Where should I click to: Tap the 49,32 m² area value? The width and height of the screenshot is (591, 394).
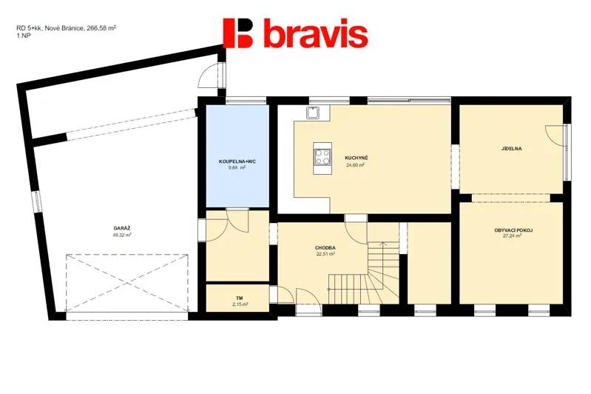pos(122,235)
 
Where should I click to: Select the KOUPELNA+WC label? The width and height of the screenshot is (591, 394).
pos(237,161)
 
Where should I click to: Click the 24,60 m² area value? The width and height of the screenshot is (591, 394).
pos(356,164)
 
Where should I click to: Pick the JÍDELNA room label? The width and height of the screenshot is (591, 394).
pos(511,149)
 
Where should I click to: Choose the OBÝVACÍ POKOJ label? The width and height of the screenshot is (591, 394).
pos(513,230)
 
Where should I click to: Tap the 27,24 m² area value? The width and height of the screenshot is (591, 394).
pos(513,236)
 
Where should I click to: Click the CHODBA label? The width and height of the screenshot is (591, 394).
pos(325,248)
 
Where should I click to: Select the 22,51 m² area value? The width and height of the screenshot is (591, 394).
pos(325,254)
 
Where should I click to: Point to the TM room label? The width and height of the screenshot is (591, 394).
pos(240,298)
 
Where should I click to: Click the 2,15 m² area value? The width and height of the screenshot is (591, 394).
pos(240,304)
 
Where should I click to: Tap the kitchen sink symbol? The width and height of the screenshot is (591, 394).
pos(313,113)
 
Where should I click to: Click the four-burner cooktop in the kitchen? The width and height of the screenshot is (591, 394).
pos(322,156)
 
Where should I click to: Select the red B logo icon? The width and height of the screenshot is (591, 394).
pos(239,33)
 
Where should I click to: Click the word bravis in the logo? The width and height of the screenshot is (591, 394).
pos(316,33)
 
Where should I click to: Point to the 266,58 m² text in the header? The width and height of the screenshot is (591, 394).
pos(101,27)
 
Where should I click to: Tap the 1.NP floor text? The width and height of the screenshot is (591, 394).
pos(24,35)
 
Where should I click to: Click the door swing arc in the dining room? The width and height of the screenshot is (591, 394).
pos(551,136)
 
